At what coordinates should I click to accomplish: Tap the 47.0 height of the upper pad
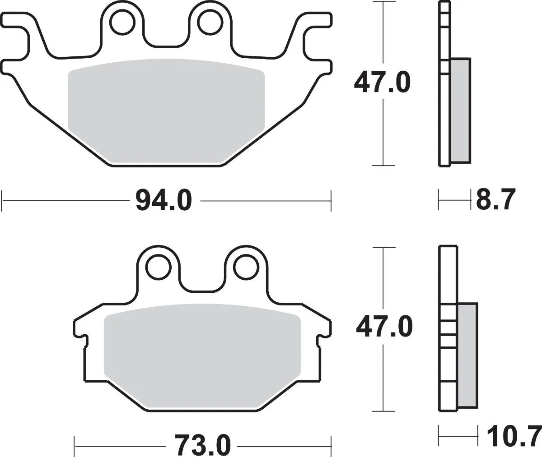point(382,83)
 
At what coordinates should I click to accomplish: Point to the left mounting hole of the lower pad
point(159,267)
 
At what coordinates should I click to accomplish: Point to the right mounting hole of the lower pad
point(245,267)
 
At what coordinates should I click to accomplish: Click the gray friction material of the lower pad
point(202,352)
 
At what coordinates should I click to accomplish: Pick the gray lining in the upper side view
point(460,111)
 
